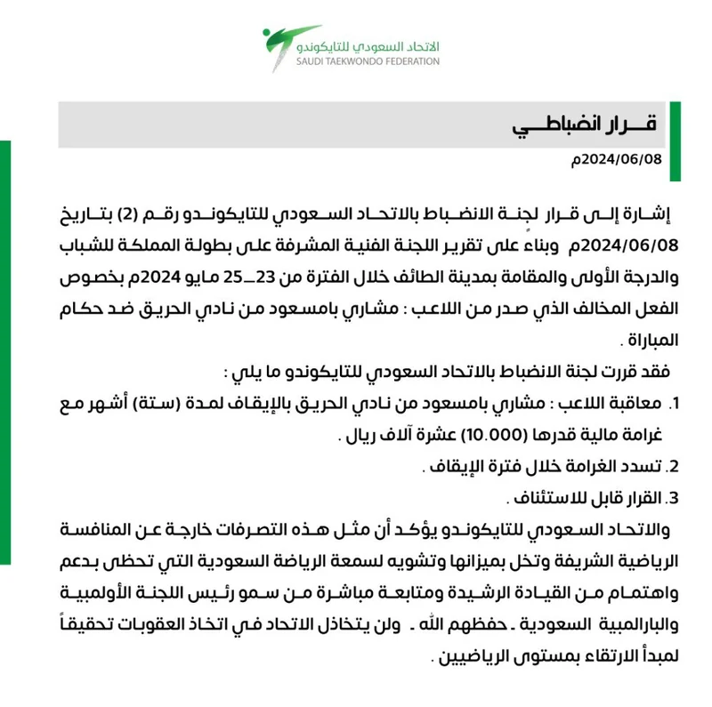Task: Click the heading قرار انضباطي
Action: pyautogui.click(x=584, y=124)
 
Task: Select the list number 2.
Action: pyautogui.click(x=673, y=466)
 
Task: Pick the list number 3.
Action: pyautogui.click(x=673, y=496)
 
